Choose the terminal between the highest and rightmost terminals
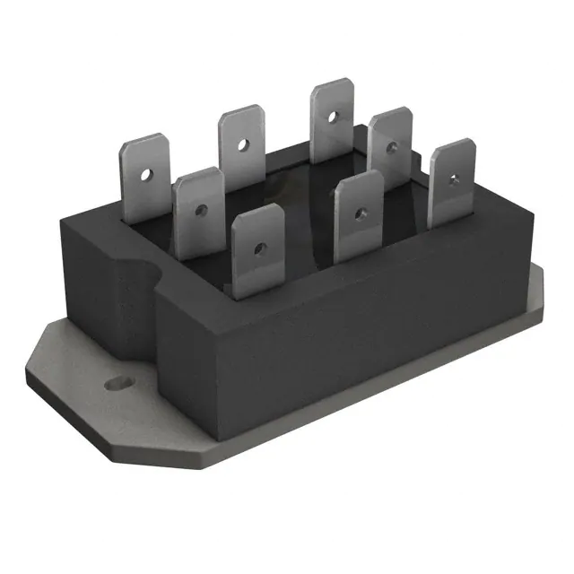point(390,145)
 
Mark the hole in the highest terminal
point(330,115)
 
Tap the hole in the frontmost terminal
point(258,248)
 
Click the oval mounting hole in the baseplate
point(115,384)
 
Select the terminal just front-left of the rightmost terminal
point(357,215)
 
